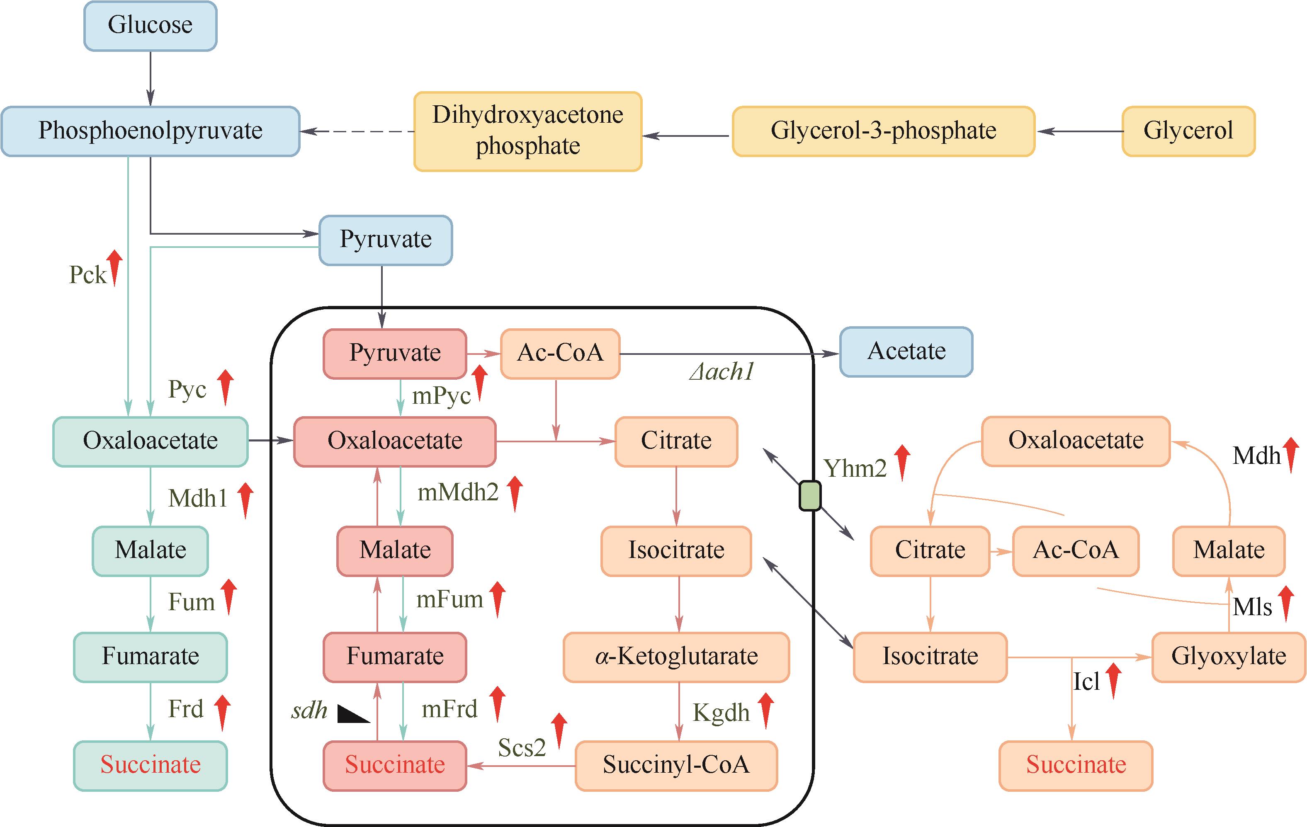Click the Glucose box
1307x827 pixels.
click(151, 26)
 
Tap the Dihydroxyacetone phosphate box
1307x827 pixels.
click(527, 131)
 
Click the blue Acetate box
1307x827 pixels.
click(906, 352)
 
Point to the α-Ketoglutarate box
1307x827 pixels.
click(676, 657)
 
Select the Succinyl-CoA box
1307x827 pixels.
click(676, 765)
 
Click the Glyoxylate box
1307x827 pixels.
click(1228, 657)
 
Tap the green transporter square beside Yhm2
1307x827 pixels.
click(810, 495)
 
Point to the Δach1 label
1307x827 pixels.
click(722, 372)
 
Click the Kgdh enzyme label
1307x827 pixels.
click(721, 713)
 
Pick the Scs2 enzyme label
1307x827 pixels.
click(522, 748)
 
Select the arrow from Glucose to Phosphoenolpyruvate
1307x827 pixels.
click(151, 79)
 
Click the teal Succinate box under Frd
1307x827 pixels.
click(151, 765)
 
